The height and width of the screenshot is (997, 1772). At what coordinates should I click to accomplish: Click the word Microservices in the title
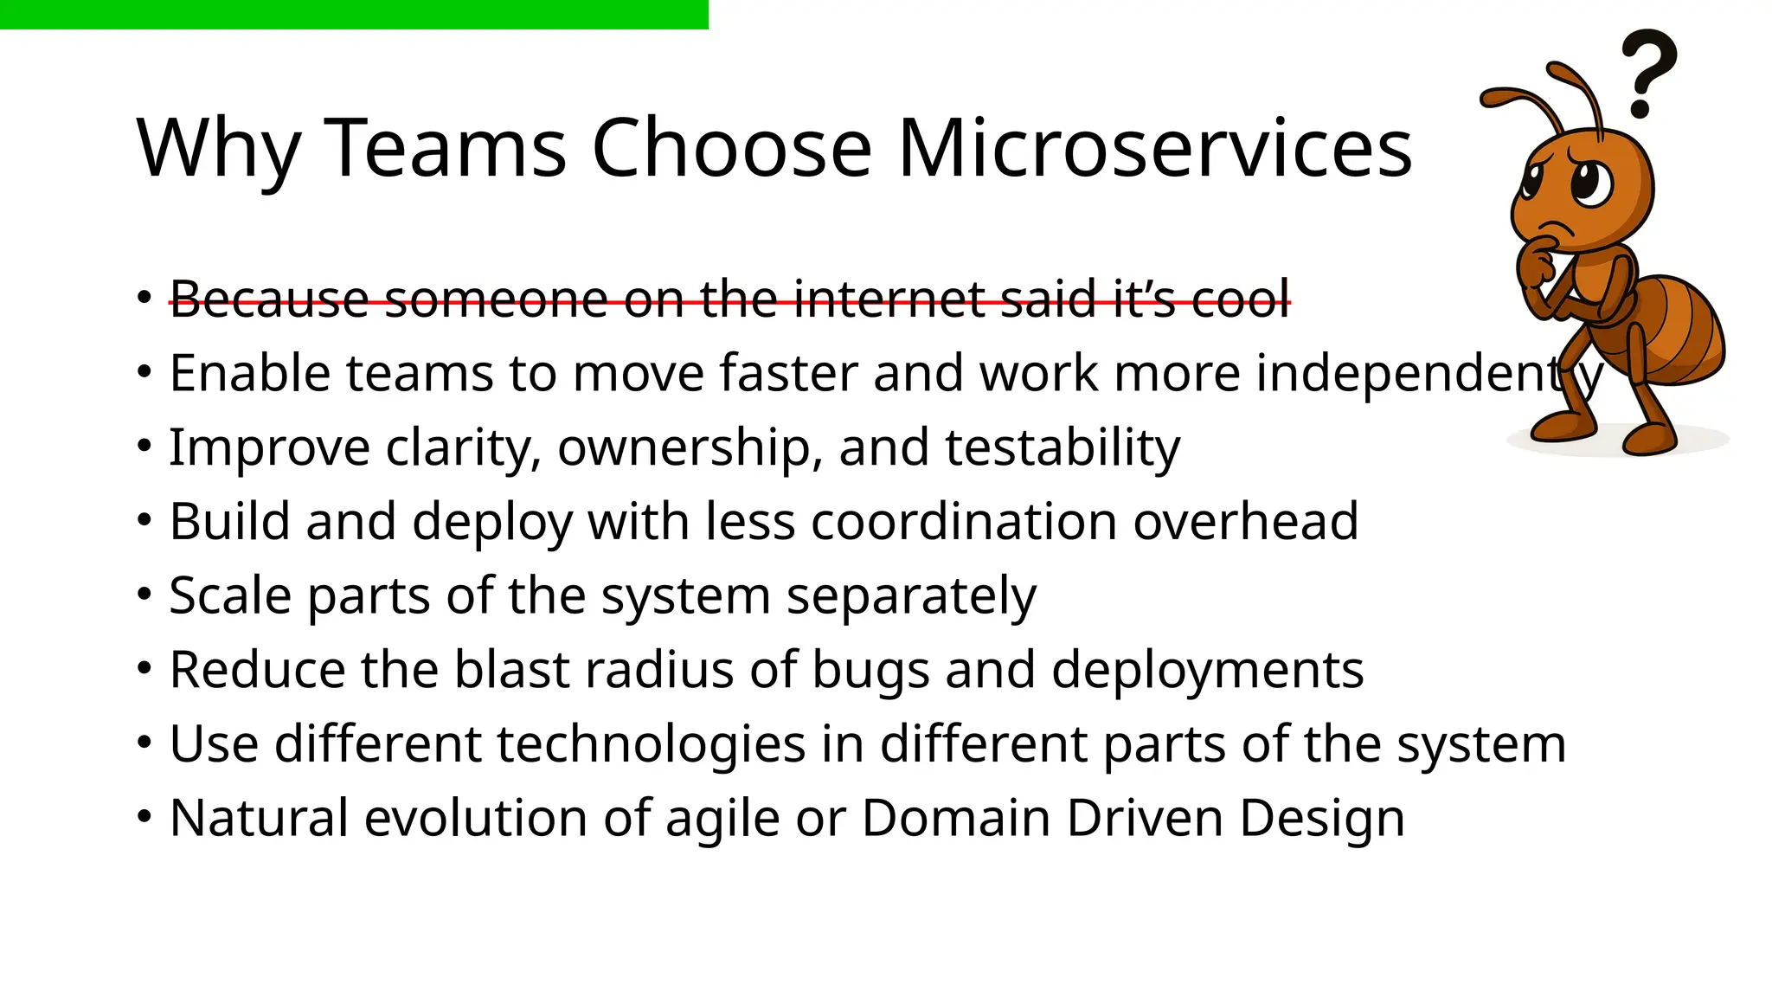(x=1154, y=148)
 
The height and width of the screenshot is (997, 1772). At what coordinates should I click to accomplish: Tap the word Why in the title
(x=219, y=148)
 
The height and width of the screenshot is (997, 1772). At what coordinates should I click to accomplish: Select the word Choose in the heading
(x=731, y=148)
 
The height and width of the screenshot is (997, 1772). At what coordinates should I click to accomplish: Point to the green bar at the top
(x=354, y=14)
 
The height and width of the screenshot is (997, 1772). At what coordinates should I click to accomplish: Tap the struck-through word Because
(x=269, y=299)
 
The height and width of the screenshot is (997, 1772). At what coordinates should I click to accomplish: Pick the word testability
(x=1062, y=447)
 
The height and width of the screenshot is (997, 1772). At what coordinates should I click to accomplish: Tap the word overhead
(x=1245, y=522)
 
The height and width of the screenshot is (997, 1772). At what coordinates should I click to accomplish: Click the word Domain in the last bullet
(x=955, y=818)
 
